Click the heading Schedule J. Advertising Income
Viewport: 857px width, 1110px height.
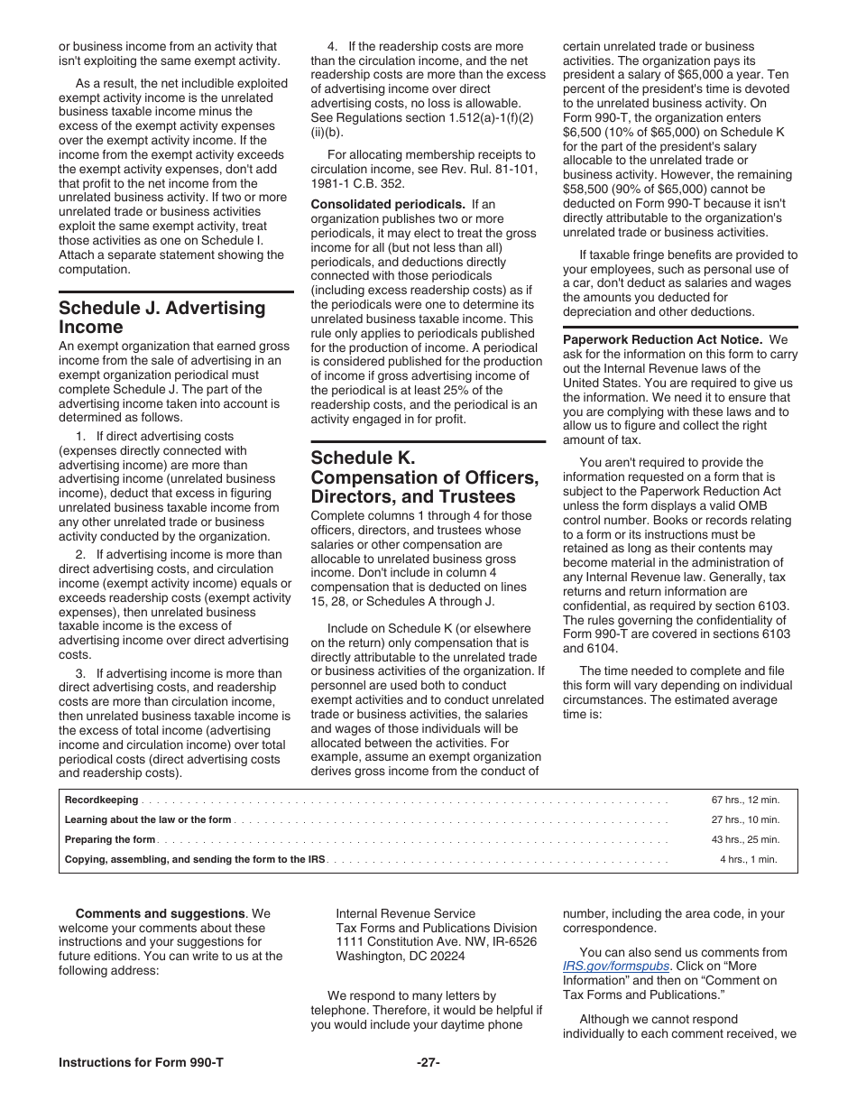coord(162,318)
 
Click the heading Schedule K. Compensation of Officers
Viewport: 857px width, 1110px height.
coord(424,477)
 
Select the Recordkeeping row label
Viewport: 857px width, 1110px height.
coord(102,800)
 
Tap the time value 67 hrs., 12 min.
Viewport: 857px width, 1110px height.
coord(745,800)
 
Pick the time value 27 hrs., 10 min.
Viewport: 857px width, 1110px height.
coord(745,819)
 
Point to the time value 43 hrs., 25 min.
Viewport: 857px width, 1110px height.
coord(745,839)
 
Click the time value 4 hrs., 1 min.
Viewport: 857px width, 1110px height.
coord(748,859)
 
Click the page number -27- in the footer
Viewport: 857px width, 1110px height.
coord(428,1062)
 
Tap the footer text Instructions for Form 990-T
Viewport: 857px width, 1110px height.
coord(141,1062)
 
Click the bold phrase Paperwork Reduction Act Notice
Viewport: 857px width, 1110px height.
coord(662,339)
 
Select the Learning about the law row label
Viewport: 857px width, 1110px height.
coord(148,819)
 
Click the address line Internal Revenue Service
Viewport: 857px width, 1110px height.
coord(405,913)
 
